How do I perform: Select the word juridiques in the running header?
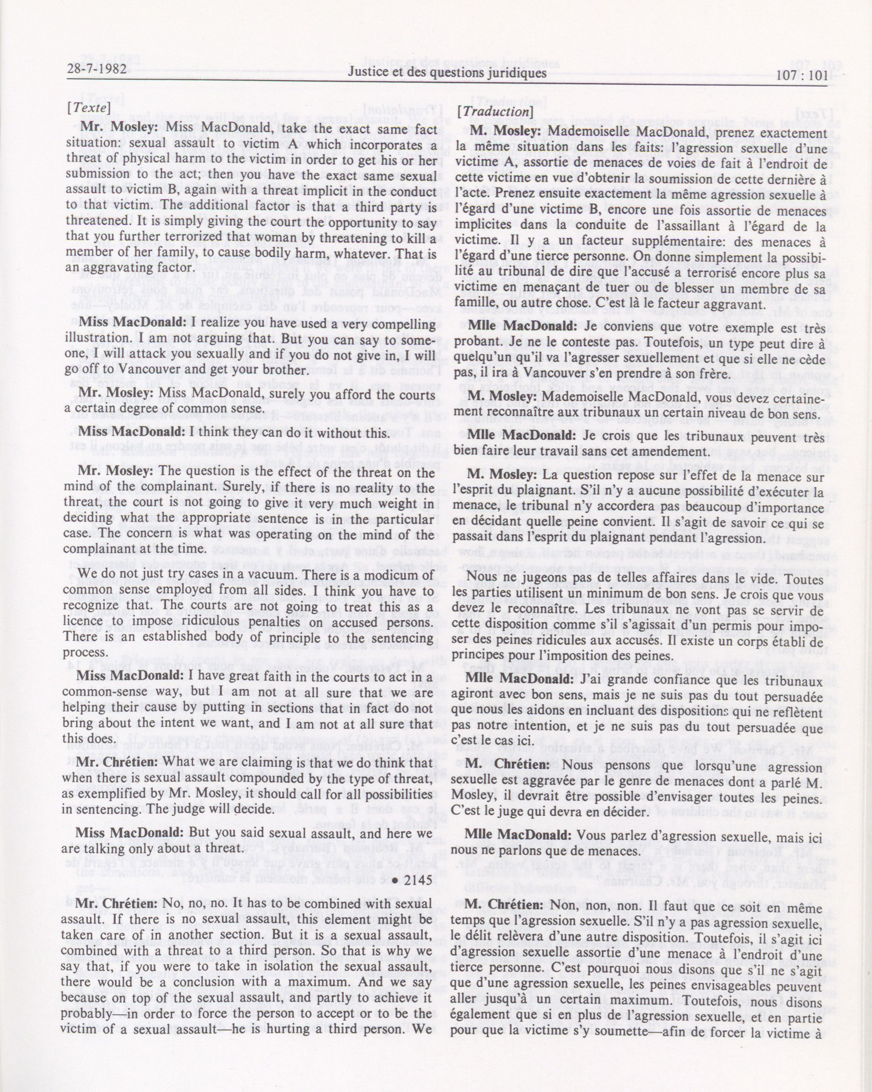point(513,73)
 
